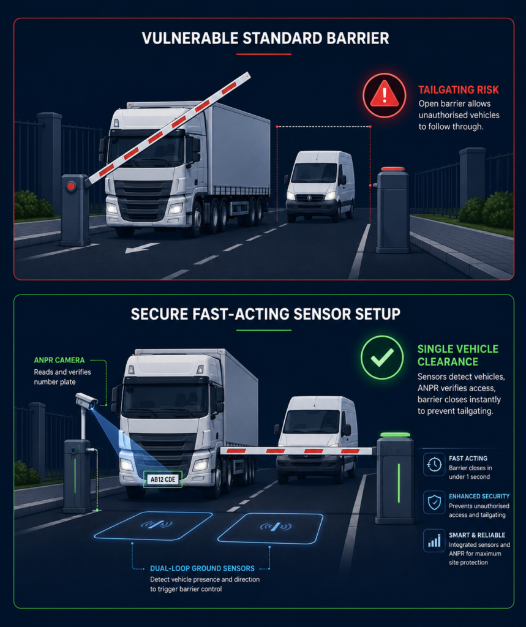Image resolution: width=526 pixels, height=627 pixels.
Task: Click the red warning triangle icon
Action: coord(384,95)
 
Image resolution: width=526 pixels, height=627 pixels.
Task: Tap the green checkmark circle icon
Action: coord(381,357)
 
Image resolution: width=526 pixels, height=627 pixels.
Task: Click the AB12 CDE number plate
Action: coord(163,479)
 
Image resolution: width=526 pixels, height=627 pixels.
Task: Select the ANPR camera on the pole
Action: coord(86,400)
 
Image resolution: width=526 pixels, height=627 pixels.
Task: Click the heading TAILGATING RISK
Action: coord(459,90)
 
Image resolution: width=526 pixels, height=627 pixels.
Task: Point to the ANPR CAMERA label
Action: coord(59,360)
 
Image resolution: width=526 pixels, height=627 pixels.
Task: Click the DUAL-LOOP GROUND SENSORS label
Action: coord(202,568)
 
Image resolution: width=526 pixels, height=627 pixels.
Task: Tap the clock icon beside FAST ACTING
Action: coord(434,464)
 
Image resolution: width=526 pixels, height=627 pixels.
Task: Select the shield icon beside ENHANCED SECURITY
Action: coord(434,502)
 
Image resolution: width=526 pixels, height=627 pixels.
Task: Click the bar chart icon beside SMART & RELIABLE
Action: coord(434,541)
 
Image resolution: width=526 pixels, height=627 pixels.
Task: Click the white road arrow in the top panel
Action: coord(141,248)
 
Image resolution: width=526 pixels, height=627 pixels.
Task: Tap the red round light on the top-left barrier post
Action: coord(71,186)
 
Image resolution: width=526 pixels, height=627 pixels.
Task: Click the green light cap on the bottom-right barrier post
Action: coord(395,435)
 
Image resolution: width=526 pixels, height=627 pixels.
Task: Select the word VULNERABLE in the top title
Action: coord(190,39)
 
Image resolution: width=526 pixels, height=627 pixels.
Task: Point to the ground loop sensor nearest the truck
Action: coord(154,525)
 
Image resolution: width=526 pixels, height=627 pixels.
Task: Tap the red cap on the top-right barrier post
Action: coord(393,169)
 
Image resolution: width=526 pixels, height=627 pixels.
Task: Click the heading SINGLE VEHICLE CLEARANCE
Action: coord(457,355)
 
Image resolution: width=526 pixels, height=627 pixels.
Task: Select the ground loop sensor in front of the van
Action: coord(271,528)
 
